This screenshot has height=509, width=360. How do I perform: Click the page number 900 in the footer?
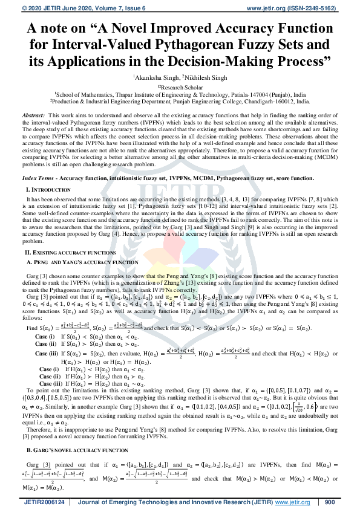[x=330, y=502]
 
